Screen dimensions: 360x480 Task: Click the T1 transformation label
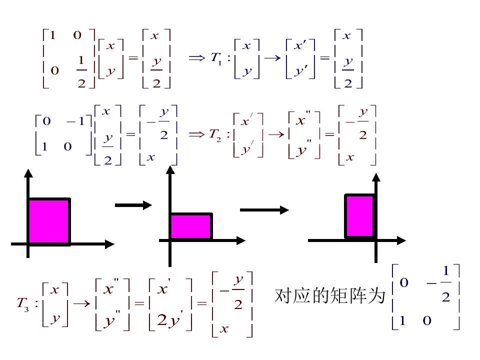(x=216, y=58)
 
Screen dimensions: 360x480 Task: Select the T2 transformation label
(x=215, y=134)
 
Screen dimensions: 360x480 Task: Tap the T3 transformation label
(x=23, y=303)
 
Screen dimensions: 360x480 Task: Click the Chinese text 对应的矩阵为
(x=330, y=296)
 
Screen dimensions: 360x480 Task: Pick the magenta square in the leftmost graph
(x=49, y=220)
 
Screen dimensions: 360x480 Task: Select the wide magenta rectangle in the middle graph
(x=191, y=226)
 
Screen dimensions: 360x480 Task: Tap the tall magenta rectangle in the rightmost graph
(x=360, y=215)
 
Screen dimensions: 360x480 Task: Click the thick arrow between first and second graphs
(x=133, y=204)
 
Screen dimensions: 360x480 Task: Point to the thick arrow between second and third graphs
(x=264, y=209)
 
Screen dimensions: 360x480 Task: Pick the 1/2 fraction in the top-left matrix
(x=81, y=71)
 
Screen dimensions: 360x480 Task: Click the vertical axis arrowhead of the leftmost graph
(x=28, y=173)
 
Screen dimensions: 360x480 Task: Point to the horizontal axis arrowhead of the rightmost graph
(x=401, y=240)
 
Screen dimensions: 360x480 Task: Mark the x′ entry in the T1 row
(x=300, y=46)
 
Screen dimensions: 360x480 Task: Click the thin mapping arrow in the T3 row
(x=80, y=303)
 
